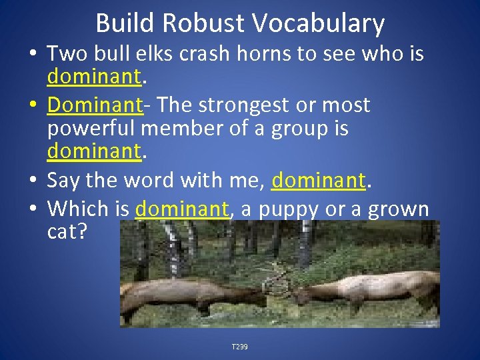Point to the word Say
click(x=63, y=181)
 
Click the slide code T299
click(x=240, y=347)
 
